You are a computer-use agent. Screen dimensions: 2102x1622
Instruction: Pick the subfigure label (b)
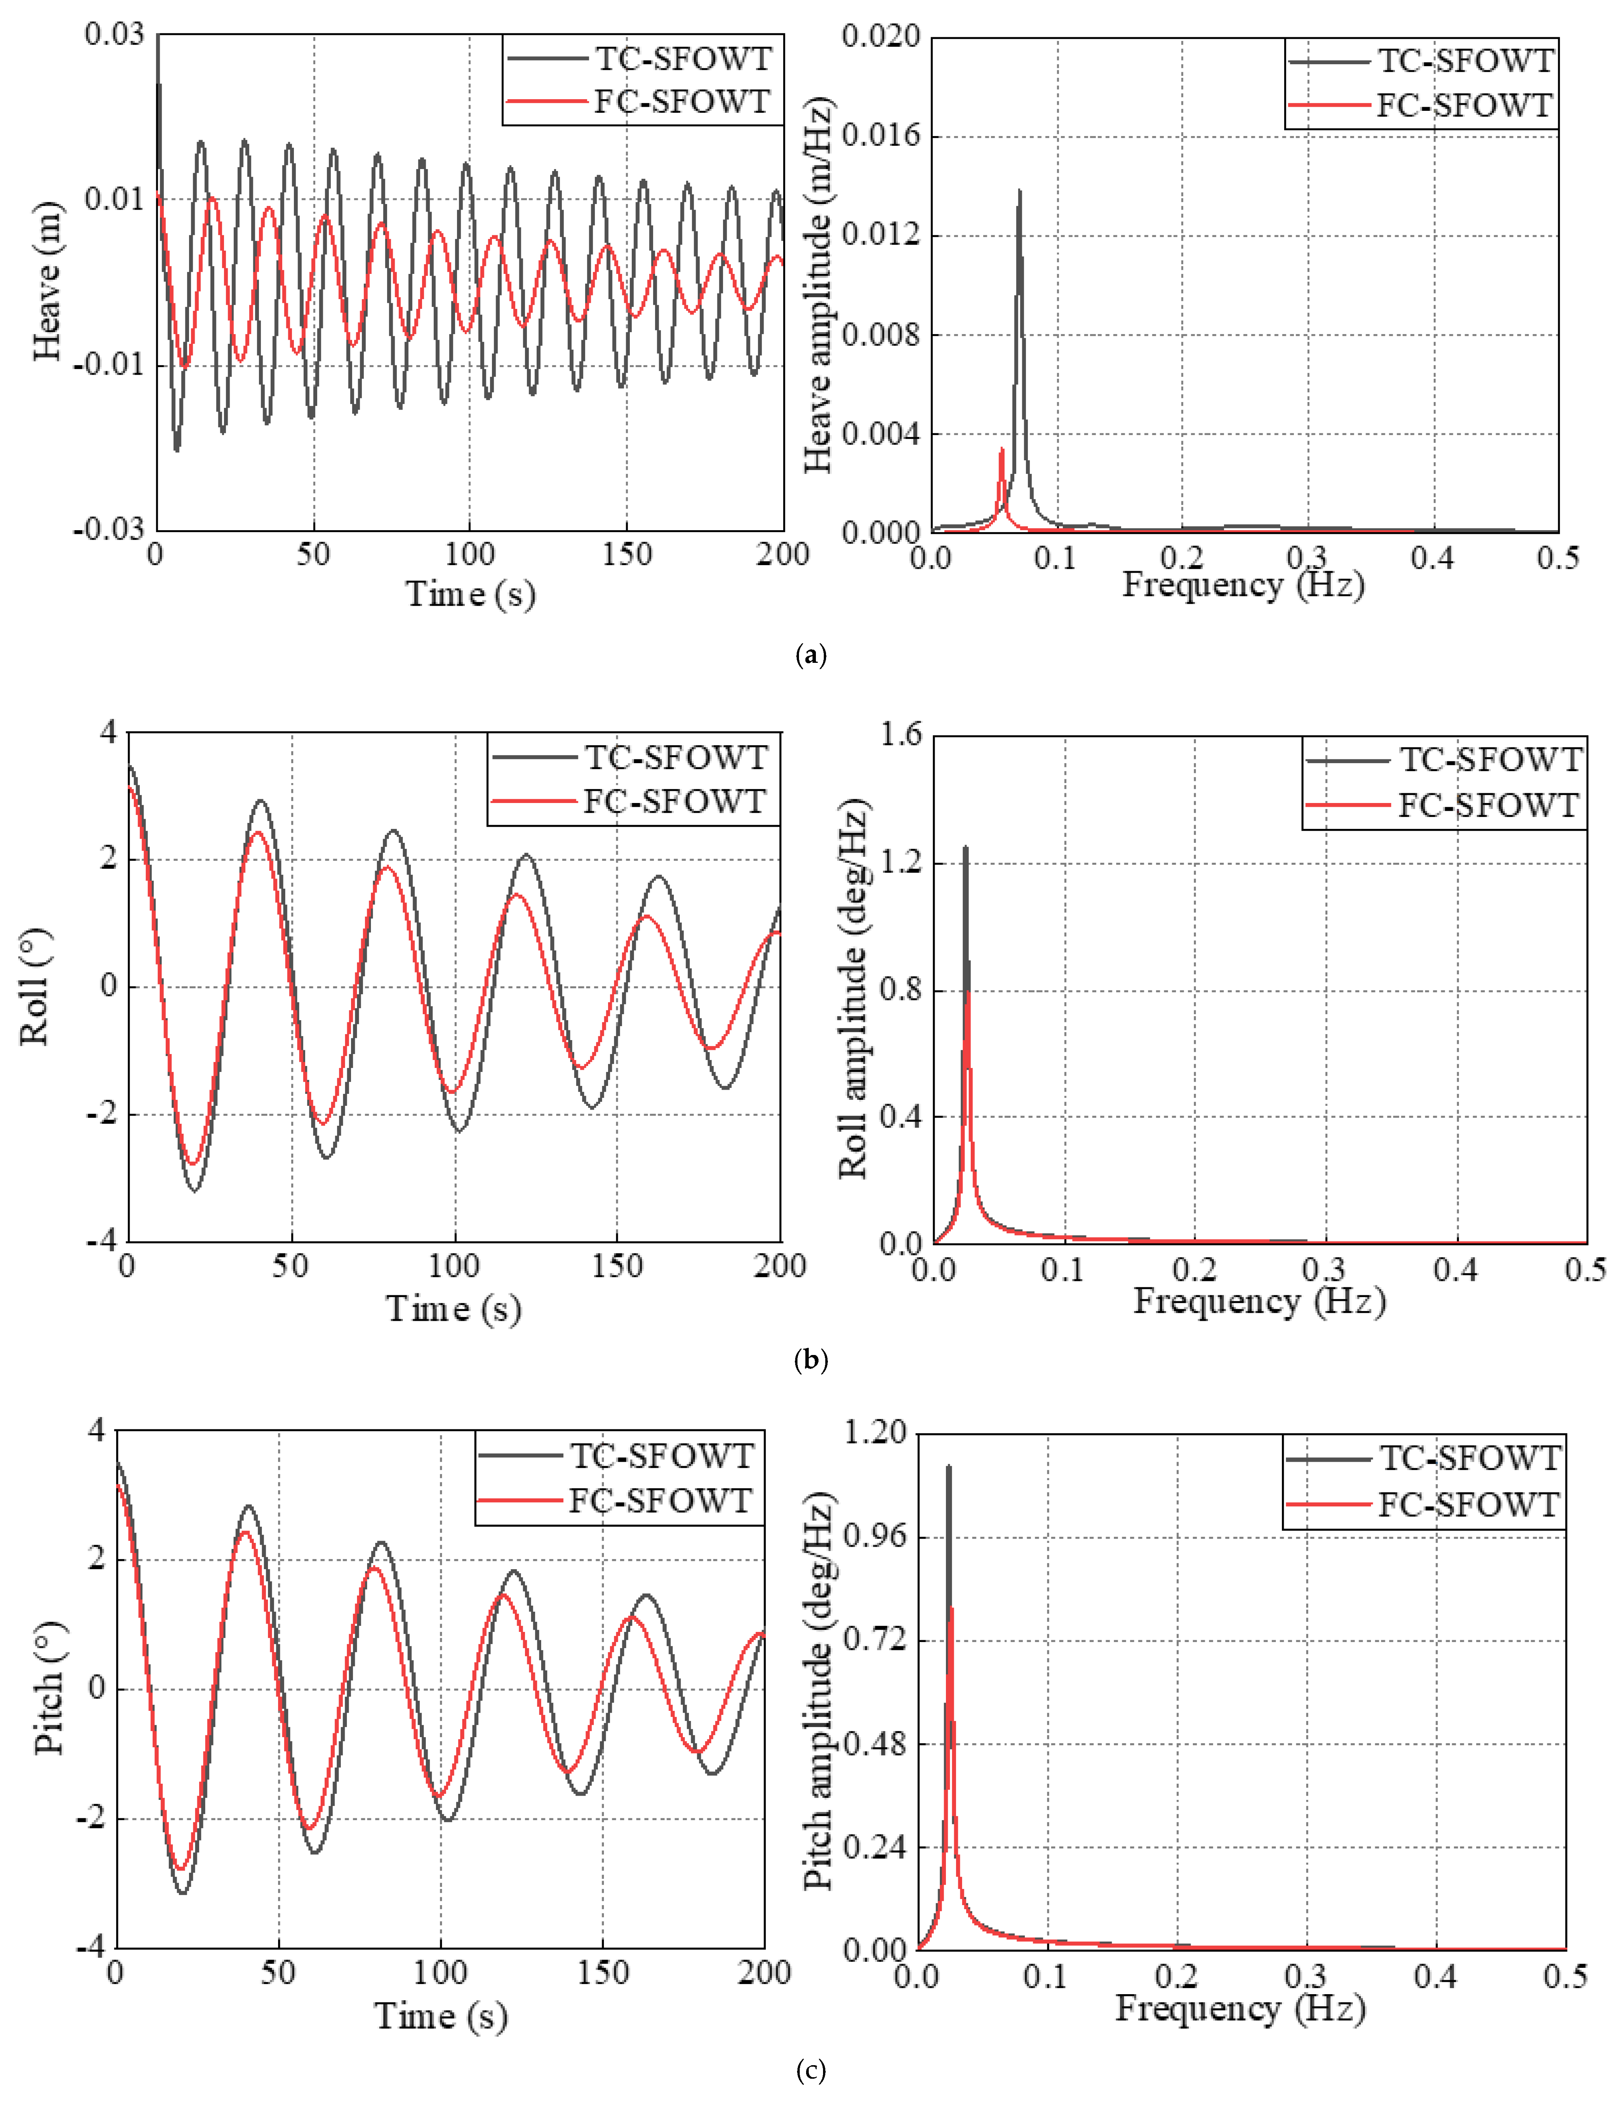(x=811, y=1360)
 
